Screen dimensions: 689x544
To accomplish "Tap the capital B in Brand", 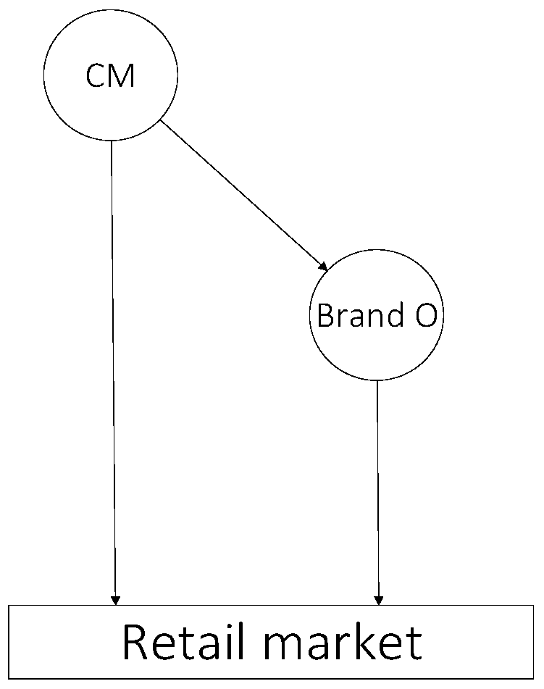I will (x=325, y=316).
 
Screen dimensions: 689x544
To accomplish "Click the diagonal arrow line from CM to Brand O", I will (x=243, y=195).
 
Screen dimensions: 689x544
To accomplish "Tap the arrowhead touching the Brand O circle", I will (x=323, y=266).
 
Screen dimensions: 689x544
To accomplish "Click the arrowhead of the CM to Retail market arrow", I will (x=114, y=599).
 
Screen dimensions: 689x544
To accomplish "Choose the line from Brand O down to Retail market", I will (x=377, y=485).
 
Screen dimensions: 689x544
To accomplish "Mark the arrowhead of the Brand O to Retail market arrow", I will (x=378, y=599).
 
